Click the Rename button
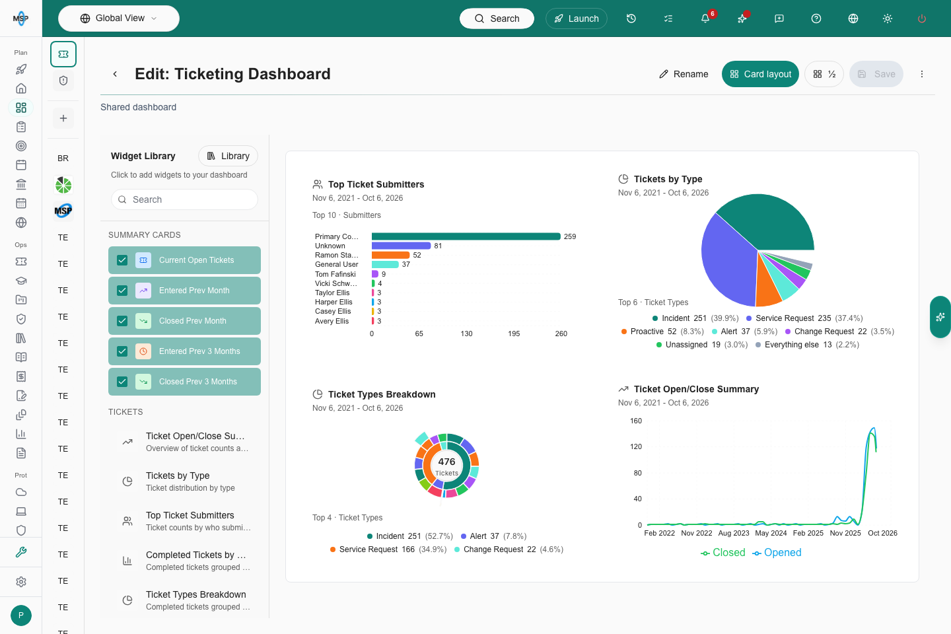(684, 74)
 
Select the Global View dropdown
(118, 18)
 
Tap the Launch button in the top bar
(576, 18)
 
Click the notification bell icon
(705, 18)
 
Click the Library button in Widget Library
(228, 156)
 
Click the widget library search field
(184, 199)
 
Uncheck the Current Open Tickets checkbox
(122, 260)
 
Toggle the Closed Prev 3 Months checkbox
(122, 381)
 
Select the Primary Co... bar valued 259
(466, 236)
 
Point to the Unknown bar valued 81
(402, 246)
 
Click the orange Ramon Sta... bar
(390, 255)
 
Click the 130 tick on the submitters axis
(466, 334)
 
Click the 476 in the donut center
(446, 462)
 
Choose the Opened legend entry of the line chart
(777, 553)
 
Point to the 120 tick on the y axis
(636, 446)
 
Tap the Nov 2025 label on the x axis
(845, 533)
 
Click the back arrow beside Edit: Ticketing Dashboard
(115, 74)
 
